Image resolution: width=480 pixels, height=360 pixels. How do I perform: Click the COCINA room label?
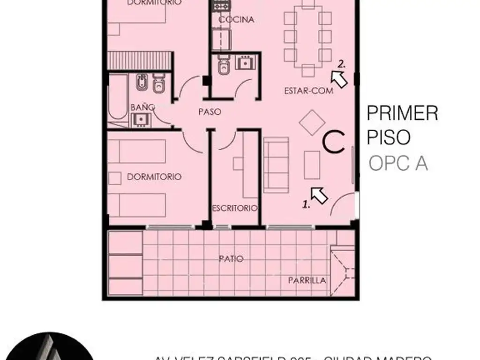pyautogui.click(x=237, y=20)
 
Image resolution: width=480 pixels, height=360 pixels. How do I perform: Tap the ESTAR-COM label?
pyautogui.click(x=308, y=91)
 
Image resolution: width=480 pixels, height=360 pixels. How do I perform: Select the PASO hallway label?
pyautogui.click(x=209, y=112)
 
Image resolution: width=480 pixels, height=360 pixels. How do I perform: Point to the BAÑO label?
pyautogui.click(x=142, y=107)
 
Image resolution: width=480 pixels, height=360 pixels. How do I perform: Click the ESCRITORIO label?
pyautogui.click(x=234, y=208)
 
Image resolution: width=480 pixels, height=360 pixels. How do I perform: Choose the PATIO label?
pyautogui.click(x=231, y=258)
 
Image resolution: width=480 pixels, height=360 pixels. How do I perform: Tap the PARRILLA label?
pyautogui.click(x=307, y=281)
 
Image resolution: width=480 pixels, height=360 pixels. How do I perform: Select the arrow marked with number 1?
pyautogui.click(x=319, y=195)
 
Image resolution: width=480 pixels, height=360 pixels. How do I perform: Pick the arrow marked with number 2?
pyautogui.click(x=340, y=79)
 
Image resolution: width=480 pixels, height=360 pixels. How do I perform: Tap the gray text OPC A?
pyautogui.click(x=398, y=164)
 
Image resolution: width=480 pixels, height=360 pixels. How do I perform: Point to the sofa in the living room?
pyautogui.click(x=276, y=165)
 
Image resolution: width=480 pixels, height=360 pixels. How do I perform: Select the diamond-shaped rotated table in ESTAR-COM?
pyautogui.click(x=312, y=122)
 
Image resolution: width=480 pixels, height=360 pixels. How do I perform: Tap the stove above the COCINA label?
pyautogui.click(x=221, y=7)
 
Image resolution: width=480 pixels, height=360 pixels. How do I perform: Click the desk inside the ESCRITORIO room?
pyautogui.click(x=248, y=165)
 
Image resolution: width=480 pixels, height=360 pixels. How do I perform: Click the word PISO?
pyautogui.click(x=389, y=138)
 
